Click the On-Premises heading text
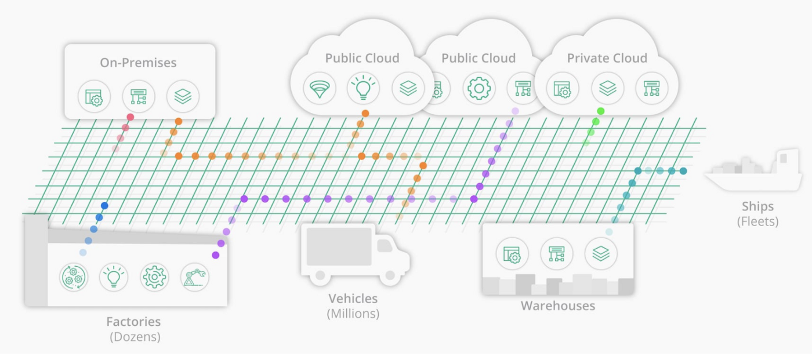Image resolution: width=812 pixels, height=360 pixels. pyautogui.click(x=138, y=63)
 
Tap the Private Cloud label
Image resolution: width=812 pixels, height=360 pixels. pyautogui.click(x=607, y=58)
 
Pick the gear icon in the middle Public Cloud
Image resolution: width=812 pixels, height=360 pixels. pyautogui.click(x=478, y=88)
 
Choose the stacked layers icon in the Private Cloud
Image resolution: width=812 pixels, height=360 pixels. pyautogui.click(x=607, y=88)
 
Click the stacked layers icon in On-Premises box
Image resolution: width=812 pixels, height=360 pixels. pyautogui.click(x=183, y=96)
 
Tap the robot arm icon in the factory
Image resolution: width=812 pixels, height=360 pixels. pyautogui.click(x=195, y=277)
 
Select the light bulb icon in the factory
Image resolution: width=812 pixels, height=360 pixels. pyautogui.click(x=114, y=277)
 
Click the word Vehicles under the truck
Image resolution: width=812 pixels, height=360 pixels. pyautogui.click(x=353, y=299)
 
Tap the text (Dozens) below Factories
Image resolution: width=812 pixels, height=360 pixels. pyautogui.click(x=135, y=337)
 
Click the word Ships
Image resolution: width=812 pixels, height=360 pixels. pyautogui.click(x=757, y=206)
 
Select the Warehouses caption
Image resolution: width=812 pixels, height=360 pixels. pyautogui.click(x=557, y=306)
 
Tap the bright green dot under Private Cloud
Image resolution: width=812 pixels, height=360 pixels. pyautogui.click(x=600, y=111)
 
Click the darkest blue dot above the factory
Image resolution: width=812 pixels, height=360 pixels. pyautogui.click(x=104, y=205)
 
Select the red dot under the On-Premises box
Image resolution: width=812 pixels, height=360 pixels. pyautogui.click(x=130, y=117)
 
